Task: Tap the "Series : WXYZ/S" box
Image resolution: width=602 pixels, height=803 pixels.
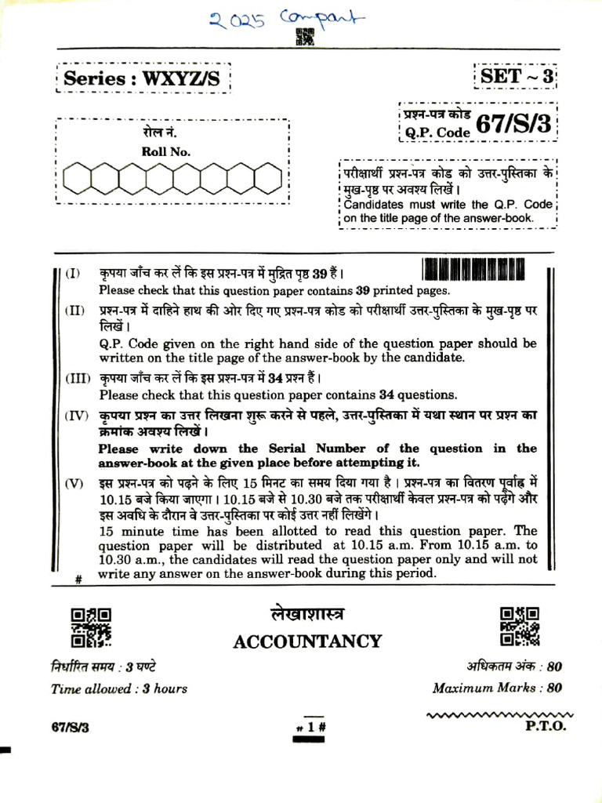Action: pyautogui.click(x=147, y=78)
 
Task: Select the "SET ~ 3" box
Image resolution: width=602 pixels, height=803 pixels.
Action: pyautogui.click(x=517, y=77)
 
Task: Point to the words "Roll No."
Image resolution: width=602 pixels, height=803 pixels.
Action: pyautogui.click(x=165, y=152)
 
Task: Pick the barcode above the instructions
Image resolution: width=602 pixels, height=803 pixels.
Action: pyautogui.click(x=473, y=271)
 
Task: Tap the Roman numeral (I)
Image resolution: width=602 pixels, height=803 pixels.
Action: pyautogui.click(x=73, y=274)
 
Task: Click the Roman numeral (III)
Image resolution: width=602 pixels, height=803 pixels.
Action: pyautogui.click(x=78, y=379)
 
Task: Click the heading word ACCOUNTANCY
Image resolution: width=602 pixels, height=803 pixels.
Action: pyautogui.click(x=307, y=641)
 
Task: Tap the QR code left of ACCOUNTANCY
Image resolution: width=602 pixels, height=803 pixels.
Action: pyautogui.click(x=92, y=627)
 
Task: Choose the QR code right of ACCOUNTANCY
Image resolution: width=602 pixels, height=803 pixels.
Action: pyautogui.click(x=519, y=626)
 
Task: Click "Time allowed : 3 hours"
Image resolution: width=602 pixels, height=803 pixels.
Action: pyautogui.click(x=119, y=689)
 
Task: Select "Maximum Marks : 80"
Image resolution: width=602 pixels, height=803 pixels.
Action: pyautogui.click(x=497, y=688)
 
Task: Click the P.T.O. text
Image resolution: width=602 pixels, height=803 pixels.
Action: pyautogui.click(x=545, y=725)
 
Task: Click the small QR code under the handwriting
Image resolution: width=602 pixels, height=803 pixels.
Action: pyautogui.click(x=305, y=36)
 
